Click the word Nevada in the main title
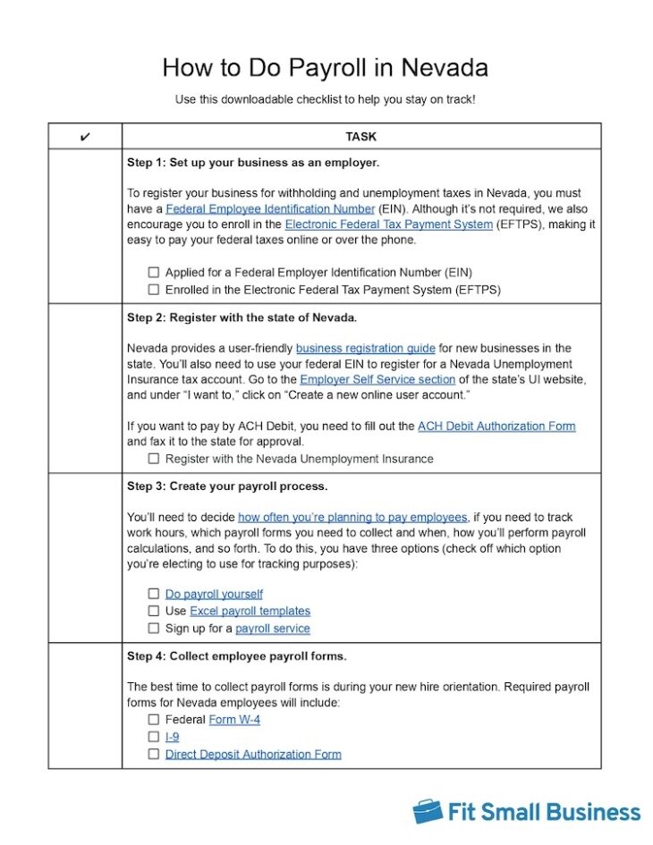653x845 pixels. tap(445, 68)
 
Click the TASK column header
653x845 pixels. tap(360, 137)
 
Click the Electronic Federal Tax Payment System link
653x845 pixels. tap(388, 224)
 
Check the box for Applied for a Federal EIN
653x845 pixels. tap(154, 272)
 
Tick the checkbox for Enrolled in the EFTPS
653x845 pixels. tap(154, 289)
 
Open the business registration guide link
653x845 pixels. tap(365, 348)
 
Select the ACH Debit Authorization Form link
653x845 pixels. tap(496, 427)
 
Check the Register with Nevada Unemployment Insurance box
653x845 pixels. tap(154, 459)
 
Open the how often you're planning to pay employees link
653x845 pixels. tap(352, 517)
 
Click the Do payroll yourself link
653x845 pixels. tap(214, 594)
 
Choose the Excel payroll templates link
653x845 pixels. tap(250, 611)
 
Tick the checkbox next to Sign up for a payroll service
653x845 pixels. tap(154, 629)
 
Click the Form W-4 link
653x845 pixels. tap(234, 719)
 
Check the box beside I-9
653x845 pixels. tap(154, 737)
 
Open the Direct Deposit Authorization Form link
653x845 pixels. tap(253, 754)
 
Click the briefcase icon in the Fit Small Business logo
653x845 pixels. tap(427, 811)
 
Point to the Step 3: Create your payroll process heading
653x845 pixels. tap(227, 486)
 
